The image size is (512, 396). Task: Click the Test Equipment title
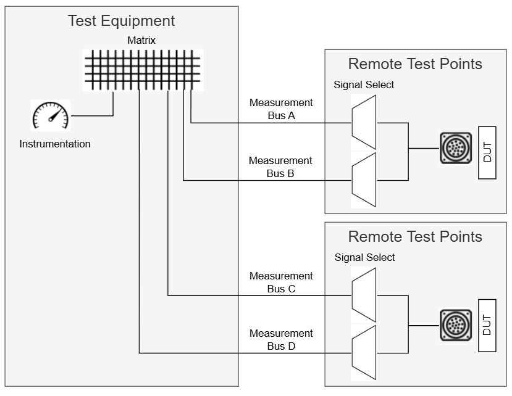click(121, 21)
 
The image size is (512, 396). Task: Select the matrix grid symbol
click(142, 70)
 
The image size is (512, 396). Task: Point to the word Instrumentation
click(55, 144)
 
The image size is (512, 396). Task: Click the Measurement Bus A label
click(281, 109)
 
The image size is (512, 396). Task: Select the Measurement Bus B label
click(281, 167)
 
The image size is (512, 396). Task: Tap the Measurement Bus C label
click(281, 282)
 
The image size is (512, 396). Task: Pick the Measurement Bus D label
click(281, 339)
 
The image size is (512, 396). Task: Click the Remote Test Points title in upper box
click(415, 64)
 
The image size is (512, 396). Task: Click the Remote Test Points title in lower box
click(415, 237)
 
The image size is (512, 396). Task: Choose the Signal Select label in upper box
click(364, 85)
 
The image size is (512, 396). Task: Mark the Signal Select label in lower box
click(364, 257)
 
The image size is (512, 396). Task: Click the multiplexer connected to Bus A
click(363, 122)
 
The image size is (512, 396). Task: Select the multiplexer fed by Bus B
click(363, 180)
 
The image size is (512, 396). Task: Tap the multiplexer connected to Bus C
click(363, 295)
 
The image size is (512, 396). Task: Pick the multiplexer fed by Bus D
click(363, 353)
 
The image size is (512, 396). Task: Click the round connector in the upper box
click(455, 148)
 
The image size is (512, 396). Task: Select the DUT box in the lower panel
click(487, 325)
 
